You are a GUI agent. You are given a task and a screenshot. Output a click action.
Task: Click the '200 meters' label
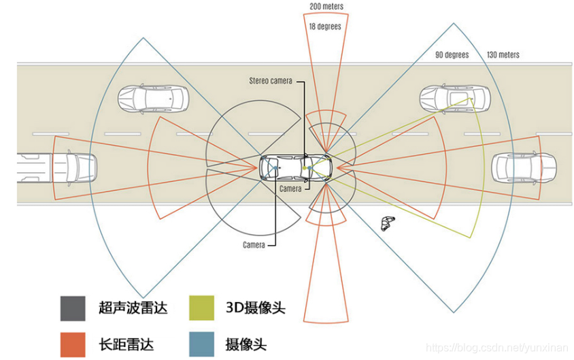click(x=326, y=6)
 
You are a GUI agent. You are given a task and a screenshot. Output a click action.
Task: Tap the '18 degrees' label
click(x=324, y=27)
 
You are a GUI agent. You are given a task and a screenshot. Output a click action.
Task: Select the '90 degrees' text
click(x=452, y=55)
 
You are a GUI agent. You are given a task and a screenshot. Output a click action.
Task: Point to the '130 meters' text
click(x=503, y=55)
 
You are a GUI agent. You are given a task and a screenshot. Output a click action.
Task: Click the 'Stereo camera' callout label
click(x=270, y=81)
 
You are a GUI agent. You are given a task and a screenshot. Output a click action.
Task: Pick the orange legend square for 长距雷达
click(x=72, y=344)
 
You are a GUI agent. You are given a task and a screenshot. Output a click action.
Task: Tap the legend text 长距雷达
click(x=126, y=344)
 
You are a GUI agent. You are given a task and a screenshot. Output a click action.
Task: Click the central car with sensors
click(x=296, y=167)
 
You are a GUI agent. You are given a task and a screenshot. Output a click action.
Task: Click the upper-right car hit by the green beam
click(x=453, y=99)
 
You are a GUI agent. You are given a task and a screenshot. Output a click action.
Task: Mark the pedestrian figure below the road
click(x=387, y=223)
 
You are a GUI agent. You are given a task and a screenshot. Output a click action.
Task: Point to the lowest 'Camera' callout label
click(x=254, y=244)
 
